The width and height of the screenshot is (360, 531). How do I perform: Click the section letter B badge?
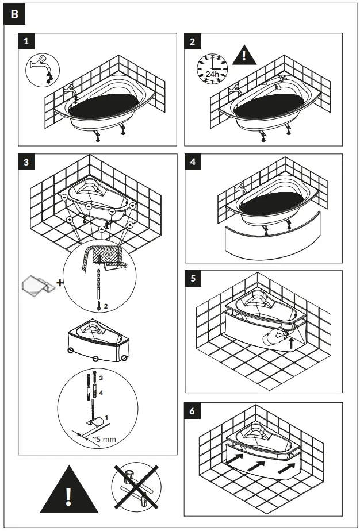tap(14, 16)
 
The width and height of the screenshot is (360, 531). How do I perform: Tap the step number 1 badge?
tap(26, 41)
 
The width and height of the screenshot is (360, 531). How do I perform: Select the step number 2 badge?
tap(192, 41)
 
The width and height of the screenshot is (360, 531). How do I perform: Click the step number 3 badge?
tap(26, 162)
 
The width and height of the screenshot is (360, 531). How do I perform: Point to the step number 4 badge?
tap(192, 162)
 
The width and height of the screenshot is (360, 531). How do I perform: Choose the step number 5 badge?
tap(192, 279)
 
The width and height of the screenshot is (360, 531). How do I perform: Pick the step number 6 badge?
tap(192, 411)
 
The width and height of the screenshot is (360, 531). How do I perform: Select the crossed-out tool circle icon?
tap(135, 487)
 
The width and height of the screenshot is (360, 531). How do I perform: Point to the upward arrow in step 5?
tap(292, 343)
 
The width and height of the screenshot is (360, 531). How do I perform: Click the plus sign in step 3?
tap(59, 283)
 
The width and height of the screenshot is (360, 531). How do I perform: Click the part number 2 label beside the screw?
tap(105, 305)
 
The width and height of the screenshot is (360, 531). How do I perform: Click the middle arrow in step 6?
tap(256, 467)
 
